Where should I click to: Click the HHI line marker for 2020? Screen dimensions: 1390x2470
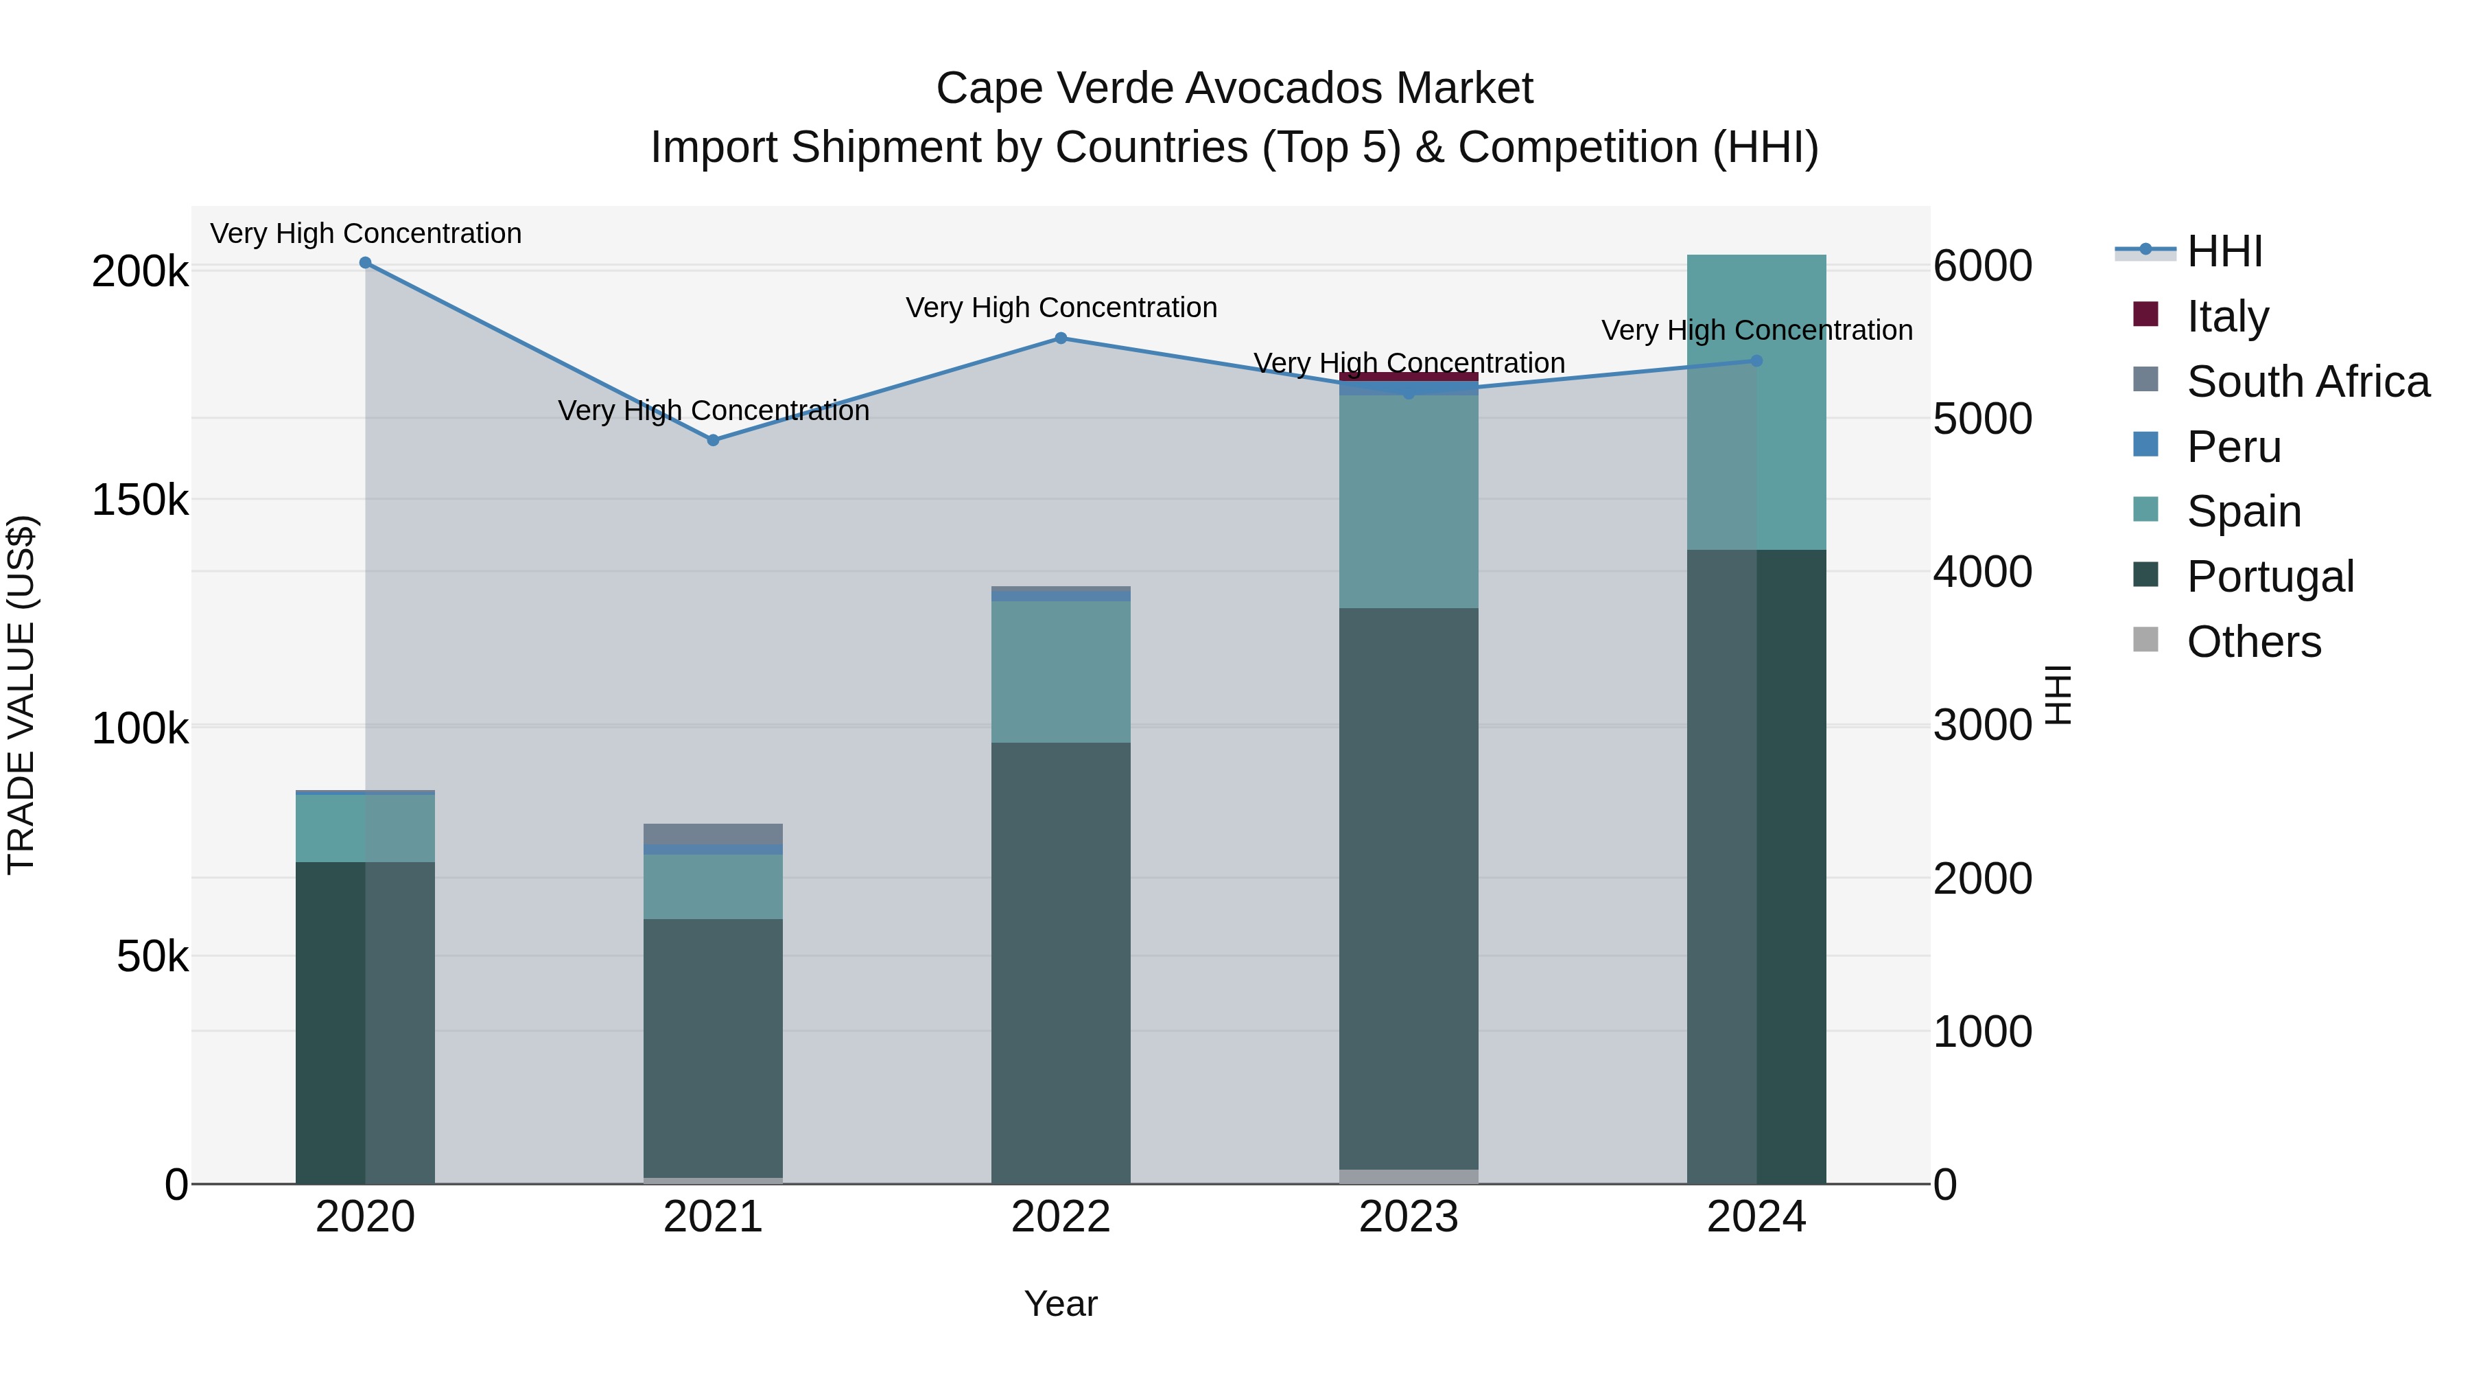[x=365, y=263]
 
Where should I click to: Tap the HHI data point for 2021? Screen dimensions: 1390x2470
[x=712, y=440]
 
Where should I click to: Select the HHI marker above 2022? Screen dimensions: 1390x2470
[x=1061, y=338]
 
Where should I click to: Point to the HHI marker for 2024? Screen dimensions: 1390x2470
[x=1756, y=360]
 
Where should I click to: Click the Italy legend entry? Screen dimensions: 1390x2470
[x=2227, y=316]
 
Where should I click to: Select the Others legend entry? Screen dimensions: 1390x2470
[x=2253, y=642]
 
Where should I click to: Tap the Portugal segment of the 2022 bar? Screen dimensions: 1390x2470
[x=1061, y=960]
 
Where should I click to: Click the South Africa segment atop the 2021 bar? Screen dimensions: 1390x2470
[x=712, y=833]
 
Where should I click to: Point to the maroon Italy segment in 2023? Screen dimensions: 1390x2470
[x=1409, y=377]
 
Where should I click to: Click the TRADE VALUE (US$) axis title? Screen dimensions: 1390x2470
[x=21, y=695]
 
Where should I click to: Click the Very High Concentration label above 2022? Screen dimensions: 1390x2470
[x=1061, y=308]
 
